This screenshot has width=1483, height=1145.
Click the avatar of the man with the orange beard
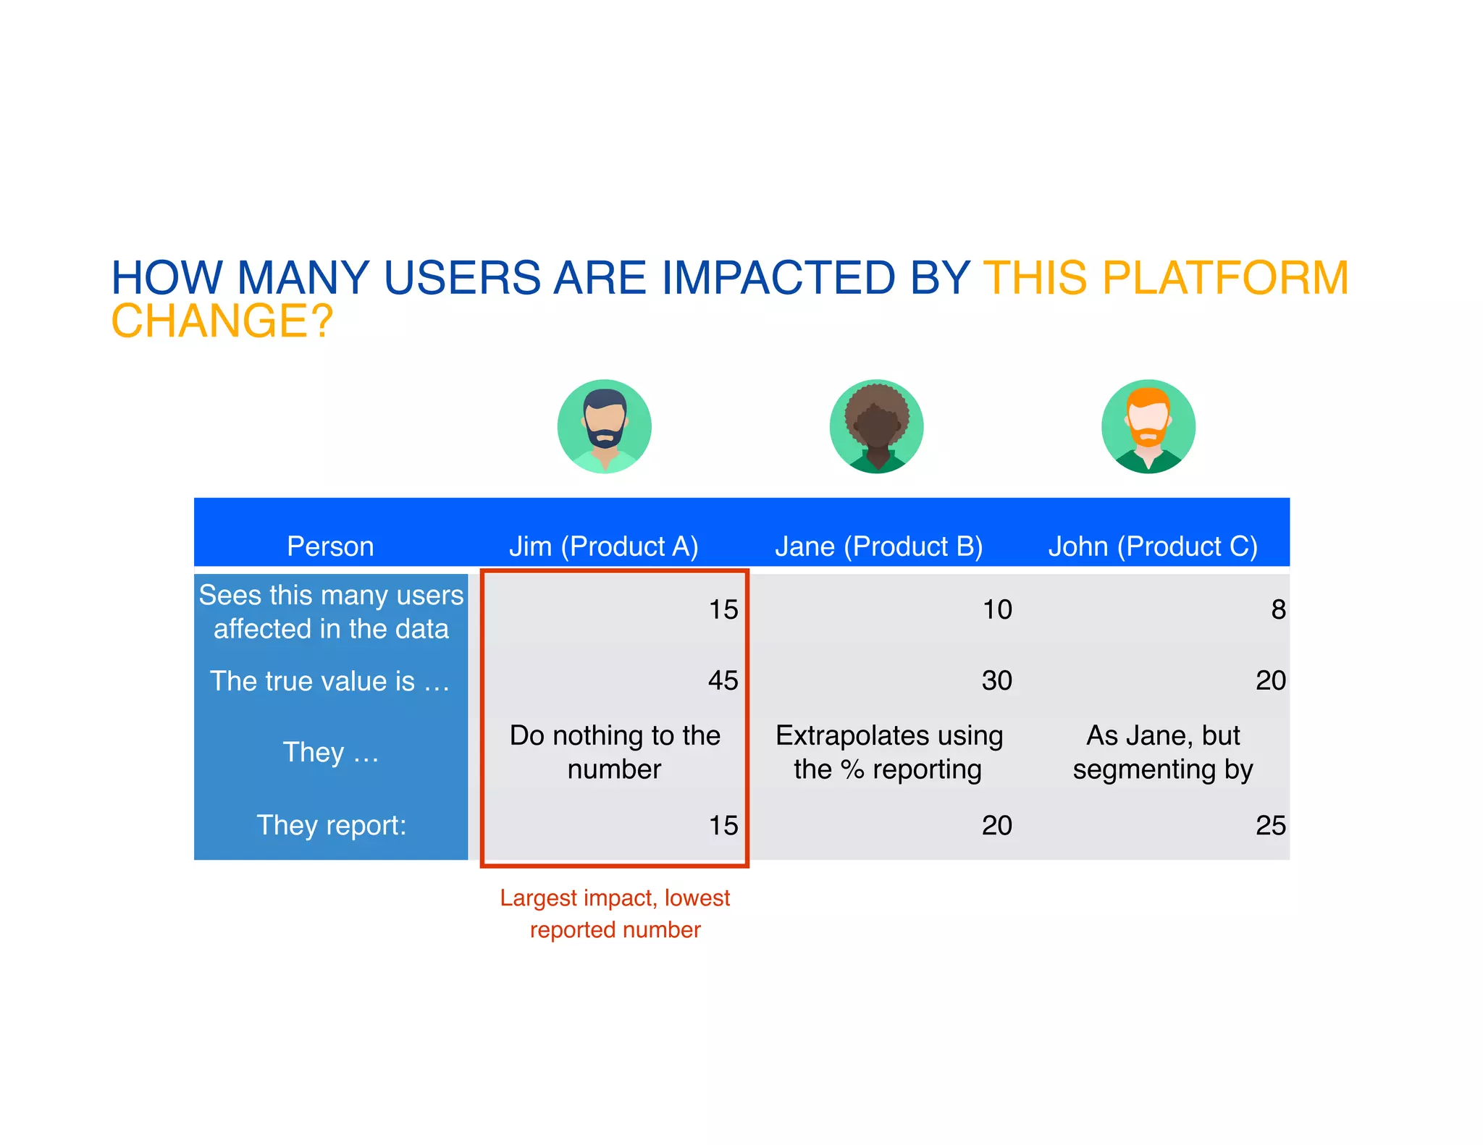pyautogui.click(x=1148, y=426)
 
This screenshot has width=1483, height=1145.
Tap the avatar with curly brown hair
pyautogui.click(x=876, y=426)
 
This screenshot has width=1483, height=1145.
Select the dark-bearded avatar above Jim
pyautogui.click(x=604, y=426)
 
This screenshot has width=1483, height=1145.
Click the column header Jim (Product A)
pyautogui.click(x=603, y=546)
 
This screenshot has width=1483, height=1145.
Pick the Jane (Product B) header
pyautogui.click(x=878, y=546)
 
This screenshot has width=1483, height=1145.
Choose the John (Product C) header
pyautogui.click(x=1153, y=546)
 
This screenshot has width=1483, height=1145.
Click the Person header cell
pyautogui.click(x=330, y=546)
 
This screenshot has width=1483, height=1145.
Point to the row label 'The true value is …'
pyautogui.click(x=330, y=681)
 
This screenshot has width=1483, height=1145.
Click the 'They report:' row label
pyautogui.click(x=332, y=825)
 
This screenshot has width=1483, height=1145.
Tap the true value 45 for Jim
pyautogui.click(x=723, y=680)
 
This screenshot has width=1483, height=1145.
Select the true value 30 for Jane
pyautogui.click(x=996, y=680)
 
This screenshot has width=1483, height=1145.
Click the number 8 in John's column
pyautogui.click(x=1278, y=609)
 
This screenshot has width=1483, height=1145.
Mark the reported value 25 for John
pyautogui.click(x=1270, y=825)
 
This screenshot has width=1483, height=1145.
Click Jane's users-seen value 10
pyautogui.click(x=996, y=609)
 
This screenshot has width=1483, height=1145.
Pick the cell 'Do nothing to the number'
pyautogui.click(x=615, y=752)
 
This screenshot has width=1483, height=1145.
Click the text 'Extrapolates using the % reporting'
pyautogui.click(x=888, y=752)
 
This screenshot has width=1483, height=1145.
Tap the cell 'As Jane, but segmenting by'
pyautogui.click(x=1162, y=752)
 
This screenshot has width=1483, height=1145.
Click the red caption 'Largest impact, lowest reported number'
pyautogui.click(x=615, y=913)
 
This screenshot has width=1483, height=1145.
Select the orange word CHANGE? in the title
pyautogui.click(x=222, y=321)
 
